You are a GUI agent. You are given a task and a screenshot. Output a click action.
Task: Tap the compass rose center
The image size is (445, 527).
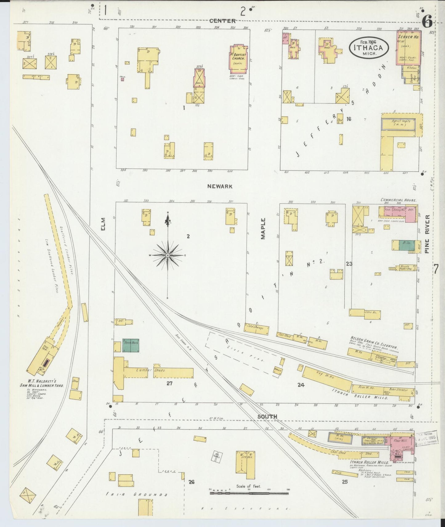pos(168,255)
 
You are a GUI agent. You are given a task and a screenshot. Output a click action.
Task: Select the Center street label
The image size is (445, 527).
pos(222,21)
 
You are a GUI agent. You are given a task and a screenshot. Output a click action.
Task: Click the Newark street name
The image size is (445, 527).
pos(220,186)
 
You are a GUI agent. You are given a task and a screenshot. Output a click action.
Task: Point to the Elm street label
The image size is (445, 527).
pos(103,224)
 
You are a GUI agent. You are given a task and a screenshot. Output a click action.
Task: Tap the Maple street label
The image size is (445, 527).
pos(263,228)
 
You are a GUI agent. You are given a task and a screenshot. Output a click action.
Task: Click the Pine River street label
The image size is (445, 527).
pos(427,234)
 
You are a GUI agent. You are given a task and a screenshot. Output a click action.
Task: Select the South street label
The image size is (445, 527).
pos(267,416)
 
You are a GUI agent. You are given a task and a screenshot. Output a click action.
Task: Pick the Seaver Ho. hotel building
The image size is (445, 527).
pos(409,49)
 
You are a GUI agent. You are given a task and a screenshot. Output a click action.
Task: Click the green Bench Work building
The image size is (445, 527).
pos(131,345)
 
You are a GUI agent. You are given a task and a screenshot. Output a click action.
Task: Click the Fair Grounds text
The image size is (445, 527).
pos(136,494)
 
